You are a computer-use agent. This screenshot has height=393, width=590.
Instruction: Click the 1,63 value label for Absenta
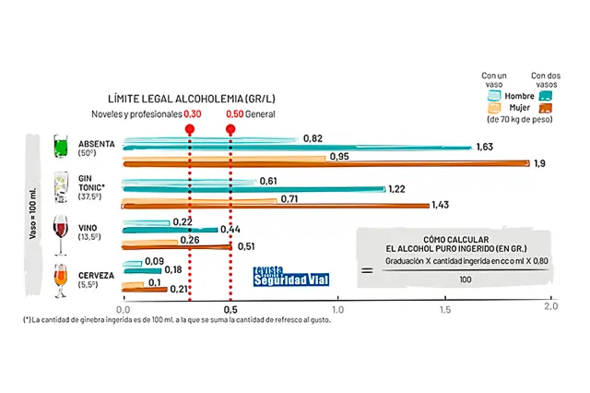coord(485,147)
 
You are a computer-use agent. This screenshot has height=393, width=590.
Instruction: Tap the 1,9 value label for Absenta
coord(539,163)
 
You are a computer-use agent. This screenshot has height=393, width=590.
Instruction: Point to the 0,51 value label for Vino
coord(248,247)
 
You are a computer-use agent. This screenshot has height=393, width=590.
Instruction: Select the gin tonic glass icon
coord(62,190)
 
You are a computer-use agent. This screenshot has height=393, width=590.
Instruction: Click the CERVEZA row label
coord(96,275)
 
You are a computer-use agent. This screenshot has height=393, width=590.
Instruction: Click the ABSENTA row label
coord(97,145)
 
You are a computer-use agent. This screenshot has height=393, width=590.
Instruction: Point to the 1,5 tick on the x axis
coord(444,308)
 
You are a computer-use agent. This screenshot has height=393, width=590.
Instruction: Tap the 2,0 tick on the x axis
coord(551,308)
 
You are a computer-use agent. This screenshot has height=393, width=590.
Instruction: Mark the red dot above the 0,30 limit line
coord(189,130)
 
